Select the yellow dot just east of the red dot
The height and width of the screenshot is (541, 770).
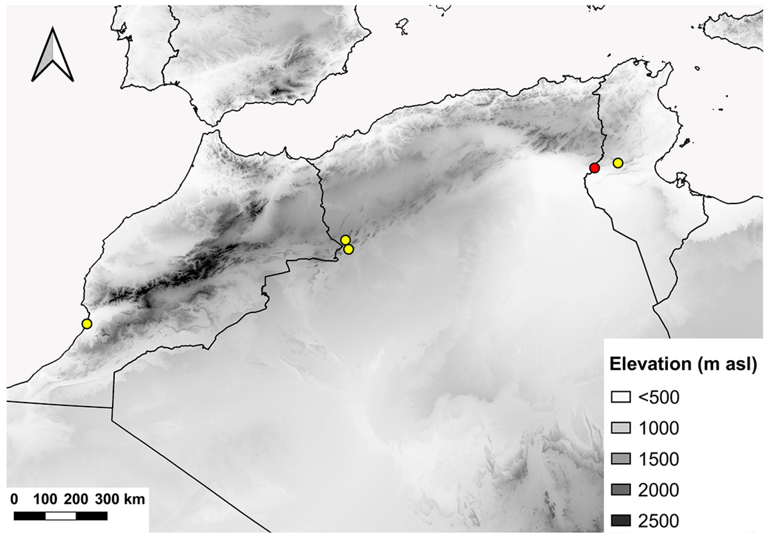pos(618,163)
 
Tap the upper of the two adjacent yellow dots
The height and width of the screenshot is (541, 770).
pos(346,240)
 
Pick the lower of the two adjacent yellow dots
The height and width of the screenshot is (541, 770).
pos(349,249)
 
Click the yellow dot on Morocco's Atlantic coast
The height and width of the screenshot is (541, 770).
pos(87,324)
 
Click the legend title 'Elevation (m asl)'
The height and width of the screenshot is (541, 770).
pos(683,364)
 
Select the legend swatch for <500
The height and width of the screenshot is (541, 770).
pos(621,397)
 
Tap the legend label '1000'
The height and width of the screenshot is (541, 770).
pos(659,428)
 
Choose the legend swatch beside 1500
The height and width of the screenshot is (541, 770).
pos(621,459)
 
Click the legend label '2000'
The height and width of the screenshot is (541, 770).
pos(659,490)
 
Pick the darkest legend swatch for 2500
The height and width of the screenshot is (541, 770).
pos(621,520)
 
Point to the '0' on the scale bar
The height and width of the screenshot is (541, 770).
pos(14,499)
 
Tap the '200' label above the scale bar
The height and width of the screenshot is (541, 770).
pos(76,499)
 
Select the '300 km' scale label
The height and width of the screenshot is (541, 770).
pos(120,499)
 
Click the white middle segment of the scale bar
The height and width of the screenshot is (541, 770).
pos(61,516)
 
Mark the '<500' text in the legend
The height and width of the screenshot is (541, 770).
pos(659,397)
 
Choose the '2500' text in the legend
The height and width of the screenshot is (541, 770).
pos(659,521)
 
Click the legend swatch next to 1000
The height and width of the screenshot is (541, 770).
pos(621,428)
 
